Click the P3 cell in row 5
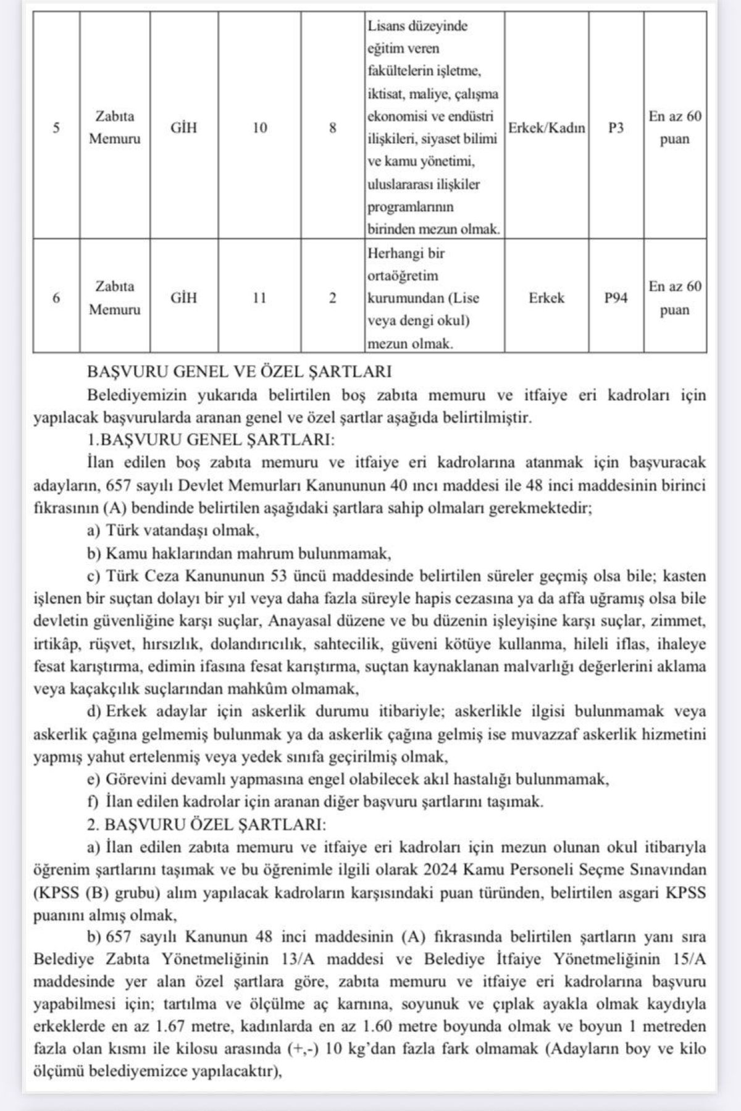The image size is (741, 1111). tap(616, 128)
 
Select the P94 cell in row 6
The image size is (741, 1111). tap(616, 298)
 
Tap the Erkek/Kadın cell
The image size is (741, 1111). tap(546, 128)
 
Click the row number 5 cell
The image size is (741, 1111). tap(56, 128)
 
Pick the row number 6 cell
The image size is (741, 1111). tap(56, 298)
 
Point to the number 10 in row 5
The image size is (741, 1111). tap(259, 128)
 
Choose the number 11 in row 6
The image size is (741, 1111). tap(259, 298)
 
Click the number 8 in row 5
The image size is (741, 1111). tap(332, 128)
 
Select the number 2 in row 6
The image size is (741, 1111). tap(332, 298)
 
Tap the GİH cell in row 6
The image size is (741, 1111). tap(184, 298)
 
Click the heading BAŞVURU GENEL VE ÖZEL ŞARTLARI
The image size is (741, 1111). tap(240, 372)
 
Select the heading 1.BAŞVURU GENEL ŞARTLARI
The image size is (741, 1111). tap(211, 440)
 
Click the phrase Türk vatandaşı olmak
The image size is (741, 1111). tap(183, 530)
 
